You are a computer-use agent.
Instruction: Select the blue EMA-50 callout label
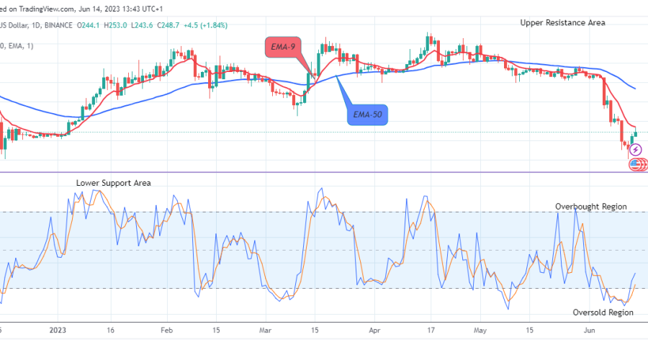click(366, 114)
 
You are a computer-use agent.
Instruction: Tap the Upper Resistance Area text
click(562, 22)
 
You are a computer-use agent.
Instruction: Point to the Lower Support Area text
click(114, 183)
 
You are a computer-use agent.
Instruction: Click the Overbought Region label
click(590, 207)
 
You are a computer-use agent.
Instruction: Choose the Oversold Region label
click(603, 312)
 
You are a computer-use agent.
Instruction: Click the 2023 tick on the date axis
click(59, 331)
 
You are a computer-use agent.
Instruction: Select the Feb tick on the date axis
click(166, 331)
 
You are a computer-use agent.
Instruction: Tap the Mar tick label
click(265, 331)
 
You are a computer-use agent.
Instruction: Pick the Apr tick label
click(374, 331)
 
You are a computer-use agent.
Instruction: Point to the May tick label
click(480, 331)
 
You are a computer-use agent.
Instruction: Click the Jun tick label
click(588, 331)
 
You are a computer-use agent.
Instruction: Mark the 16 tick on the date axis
click(112, 331)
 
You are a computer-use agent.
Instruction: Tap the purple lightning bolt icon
click(635, 150)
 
